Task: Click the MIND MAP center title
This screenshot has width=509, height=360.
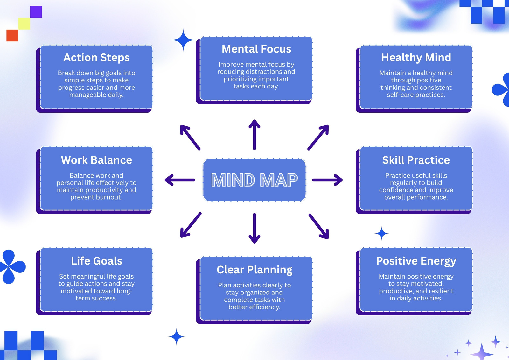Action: click(x=254, y=180)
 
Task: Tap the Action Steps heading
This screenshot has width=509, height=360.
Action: click(x=96, y=57)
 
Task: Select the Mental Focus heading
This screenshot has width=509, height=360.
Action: click(x=256, y=49)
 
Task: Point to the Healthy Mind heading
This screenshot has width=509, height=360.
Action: click(x=416, y=57)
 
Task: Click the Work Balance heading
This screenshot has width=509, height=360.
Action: click(x=96, y=160)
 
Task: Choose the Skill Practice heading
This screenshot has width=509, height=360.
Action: click(x=416, y=160)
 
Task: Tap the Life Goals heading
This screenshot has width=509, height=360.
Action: click(x=97, y=261)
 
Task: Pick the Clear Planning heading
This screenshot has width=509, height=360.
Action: click(x=254, y=270)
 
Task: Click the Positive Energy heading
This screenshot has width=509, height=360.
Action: click(x=416, y=261)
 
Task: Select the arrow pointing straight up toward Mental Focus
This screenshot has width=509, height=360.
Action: click(x=254, y=135)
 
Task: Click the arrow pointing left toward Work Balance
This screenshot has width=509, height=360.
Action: click(x=180, y=180)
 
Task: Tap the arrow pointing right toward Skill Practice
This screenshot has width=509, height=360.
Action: click(x=327, y=180)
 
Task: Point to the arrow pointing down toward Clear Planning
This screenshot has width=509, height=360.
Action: click(x=254, y=228)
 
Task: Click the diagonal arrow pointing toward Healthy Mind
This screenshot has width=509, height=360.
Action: click(x=318, y=138)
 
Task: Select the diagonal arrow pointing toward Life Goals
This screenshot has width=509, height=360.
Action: click(x=191, y=225)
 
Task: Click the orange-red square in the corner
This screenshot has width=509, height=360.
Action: click(x=12, y=35)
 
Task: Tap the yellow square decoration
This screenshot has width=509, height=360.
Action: click(x=24, y=24)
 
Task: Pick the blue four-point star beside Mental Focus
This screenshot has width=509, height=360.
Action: click(x=183, y=40)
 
